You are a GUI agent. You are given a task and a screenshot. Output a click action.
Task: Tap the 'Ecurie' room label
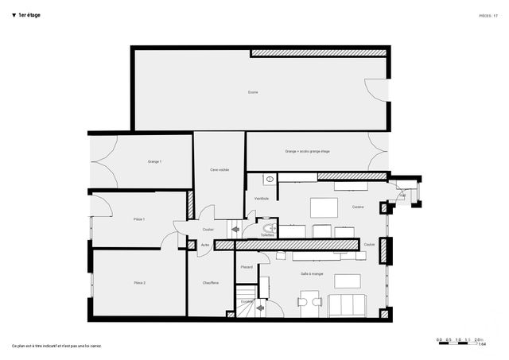[252, 92]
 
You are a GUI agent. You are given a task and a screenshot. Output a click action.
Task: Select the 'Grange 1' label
[154, 161]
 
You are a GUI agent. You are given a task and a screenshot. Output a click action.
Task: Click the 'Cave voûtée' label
[220, 169]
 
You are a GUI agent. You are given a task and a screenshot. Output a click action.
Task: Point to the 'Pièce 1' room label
[138, 219]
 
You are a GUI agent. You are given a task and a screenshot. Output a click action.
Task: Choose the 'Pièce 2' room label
[139, 282]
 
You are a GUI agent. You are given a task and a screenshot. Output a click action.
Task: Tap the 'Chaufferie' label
[211, 283]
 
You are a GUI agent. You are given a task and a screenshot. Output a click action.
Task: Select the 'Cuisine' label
[358, 207]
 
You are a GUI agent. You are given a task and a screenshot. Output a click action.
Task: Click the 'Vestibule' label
[261, 198]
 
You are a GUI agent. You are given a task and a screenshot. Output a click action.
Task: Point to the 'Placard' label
[247, 267]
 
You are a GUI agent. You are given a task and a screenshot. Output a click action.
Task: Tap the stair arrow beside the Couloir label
[235, 230]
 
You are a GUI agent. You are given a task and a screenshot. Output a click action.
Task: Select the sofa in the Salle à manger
[347, 304]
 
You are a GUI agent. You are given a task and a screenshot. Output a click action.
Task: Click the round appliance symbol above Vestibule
[270, 180]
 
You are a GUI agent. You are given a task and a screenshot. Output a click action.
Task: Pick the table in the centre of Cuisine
[323, 207]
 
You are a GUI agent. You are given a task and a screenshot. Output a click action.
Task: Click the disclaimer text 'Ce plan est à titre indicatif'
[56, 346]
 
